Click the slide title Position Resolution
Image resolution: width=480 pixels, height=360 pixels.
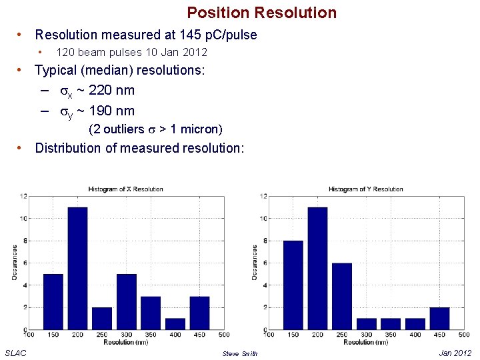(261, 13)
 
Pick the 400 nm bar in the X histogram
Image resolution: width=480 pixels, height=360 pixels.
(175, 323)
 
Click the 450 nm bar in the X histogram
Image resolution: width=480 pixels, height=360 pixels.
(199, 312)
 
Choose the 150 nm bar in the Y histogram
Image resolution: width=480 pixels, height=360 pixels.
(293, 285)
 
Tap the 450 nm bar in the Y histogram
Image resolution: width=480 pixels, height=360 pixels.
(439, 318)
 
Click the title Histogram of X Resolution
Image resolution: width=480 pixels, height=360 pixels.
(125, 189)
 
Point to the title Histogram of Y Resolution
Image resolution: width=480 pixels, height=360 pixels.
(365, 189)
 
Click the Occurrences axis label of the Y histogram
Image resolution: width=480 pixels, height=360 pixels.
(255, 262)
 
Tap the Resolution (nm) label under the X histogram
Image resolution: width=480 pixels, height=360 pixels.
(125, 342)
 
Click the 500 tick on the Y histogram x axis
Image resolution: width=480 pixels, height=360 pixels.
(464, 335)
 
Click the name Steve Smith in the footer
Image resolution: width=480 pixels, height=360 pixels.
(239, 353)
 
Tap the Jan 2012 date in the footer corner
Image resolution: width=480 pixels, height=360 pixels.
(455, 353)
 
